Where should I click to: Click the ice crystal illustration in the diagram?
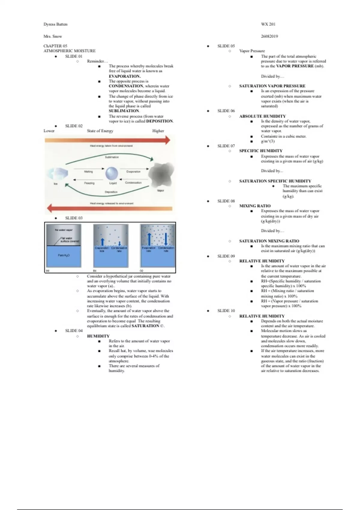coord(57,174)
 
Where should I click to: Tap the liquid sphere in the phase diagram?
coord(112,174)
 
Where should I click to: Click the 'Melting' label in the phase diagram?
coord(88,172)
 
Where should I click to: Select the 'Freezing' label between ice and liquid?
coord(89,183)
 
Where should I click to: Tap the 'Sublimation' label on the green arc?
coord(112,157)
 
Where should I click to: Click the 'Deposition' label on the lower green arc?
coord(111,192)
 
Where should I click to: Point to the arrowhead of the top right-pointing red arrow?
coord(167,140)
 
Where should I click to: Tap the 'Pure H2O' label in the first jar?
coord(64,255)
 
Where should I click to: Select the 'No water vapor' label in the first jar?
coord(64,230)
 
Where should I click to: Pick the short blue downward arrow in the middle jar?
coord(119,243)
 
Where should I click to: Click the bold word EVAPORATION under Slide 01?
coord(124,76)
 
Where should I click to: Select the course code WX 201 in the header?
coord(268,24)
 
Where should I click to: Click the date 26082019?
coord(269,36)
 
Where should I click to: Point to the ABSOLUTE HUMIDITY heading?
coord(262,116)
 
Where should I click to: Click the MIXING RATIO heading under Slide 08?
coord(255,206)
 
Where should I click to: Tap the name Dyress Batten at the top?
coord(55,24)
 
